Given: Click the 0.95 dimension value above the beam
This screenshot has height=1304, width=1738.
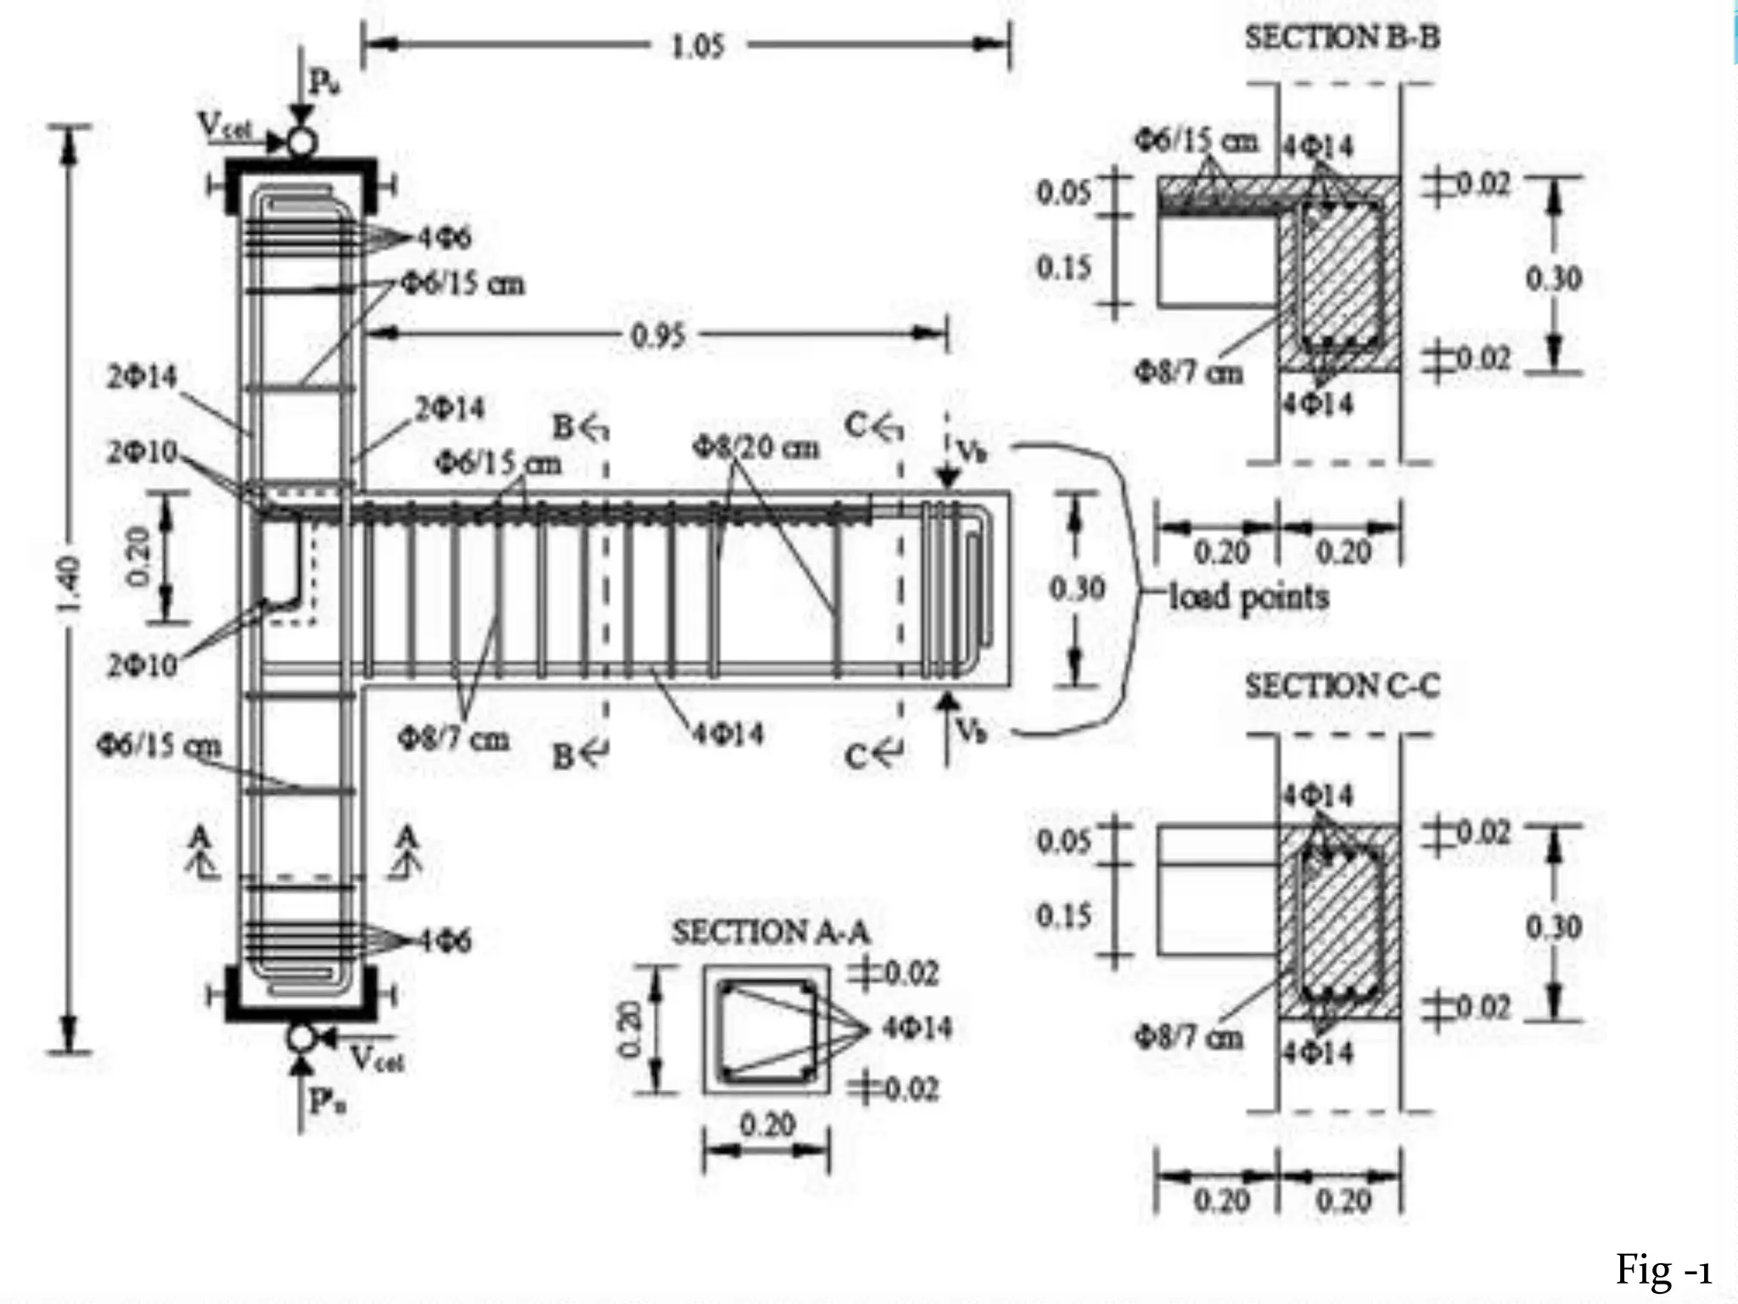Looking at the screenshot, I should point(658,336).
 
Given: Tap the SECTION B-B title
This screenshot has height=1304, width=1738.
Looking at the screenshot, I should point(1342,37).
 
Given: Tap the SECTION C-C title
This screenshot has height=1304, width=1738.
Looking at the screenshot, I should point(1342,686).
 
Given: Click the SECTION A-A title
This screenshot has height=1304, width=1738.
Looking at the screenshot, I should point(771,932).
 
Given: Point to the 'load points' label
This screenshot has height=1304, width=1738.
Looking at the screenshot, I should point(1248,597).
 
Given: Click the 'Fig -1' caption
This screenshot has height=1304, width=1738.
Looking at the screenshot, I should point(1662,1270).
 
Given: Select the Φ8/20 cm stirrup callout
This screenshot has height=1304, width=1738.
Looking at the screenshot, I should point(756,447).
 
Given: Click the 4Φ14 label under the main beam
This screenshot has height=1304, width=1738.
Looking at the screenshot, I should point(727,733).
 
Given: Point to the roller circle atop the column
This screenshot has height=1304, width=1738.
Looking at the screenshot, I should point(301,141).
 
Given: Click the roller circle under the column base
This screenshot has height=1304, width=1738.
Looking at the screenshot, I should point(300,1037).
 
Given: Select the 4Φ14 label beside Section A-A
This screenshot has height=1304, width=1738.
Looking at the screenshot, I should point(917,1028).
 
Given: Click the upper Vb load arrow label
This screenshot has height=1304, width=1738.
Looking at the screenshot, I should point(972,451).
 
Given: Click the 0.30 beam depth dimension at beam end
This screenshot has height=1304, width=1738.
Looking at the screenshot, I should point(1076,588).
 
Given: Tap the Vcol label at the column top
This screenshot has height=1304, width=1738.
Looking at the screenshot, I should point(226,126).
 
